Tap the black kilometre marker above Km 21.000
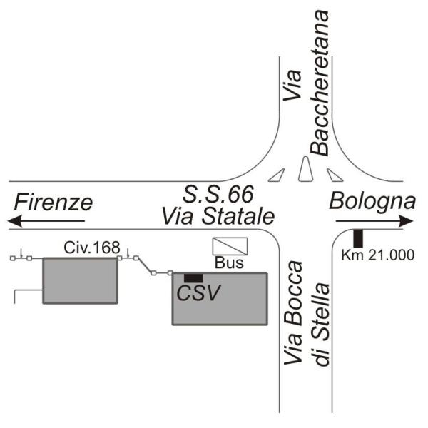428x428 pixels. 359,237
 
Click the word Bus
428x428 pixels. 230,263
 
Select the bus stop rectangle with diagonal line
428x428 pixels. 230,246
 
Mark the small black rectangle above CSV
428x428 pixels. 193,277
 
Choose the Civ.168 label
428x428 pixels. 85,248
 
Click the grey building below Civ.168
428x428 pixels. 79,280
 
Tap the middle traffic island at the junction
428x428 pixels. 305,170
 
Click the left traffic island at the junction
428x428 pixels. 277,174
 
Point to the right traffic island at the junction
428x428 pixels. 334,174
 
